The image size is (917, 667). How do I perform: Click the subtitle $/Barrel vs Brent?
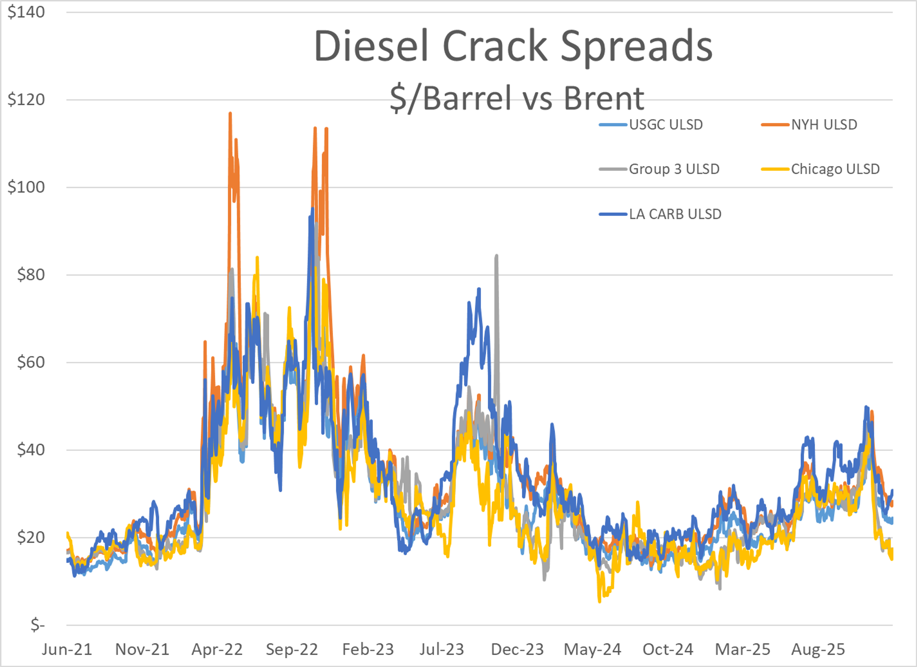pos(517,98)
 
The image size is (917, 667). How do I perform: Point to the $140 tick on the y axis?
pos(26,12)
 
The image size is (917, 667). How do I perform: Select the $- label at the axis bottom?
pos(37,625)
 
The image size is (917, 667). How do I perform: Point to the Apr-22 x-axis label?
pos(217,650)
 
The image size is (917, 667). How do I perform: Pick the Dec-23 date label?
pos(517,650)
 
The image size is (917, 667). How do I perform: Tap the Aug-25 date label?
pos(818,650)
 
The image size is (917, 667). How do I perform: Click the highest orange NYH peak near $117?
pos(230,114)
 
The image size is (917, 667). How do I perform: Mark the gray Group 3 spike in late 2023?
pos(496,256)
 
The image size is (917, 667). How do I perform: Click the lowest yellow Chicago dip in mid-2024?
pos(599,602)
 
